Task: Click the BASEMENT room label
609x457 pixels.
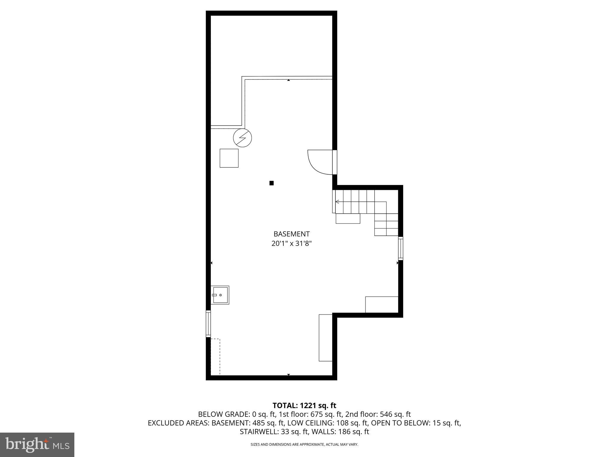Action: point(291,234)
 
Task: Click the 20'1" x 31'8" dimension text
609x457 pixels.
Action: point(291,244)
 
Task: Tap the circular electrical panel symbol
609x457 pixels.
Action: point(242,138)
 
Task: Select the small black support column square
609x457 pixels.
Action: point(271,183)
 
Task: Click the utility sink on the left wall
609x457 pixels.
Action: point(221,295)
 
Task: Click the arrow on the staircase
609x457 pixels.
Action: point(337,202)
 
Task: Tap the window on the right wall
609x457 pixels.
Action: point(401,248)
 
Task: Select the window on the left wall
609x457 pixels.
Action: point(208,324)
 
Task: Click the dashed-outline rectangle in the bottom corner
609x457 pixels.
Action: point(215,356)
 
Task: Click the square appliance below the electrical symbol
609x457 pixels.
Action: point(229,158)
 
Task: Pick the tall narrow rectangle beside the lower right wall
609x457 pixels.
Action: point(325,338)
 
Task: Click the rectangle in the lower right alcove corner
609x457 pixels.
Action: point(382,304)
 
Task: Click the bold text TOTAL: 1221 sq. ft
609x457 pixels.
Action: point(304,405)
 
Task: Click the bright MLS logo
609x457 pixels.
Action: point(37,445)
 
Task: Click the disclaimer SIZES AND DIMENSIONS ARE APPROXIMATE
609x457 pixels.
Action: point(304,445)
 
